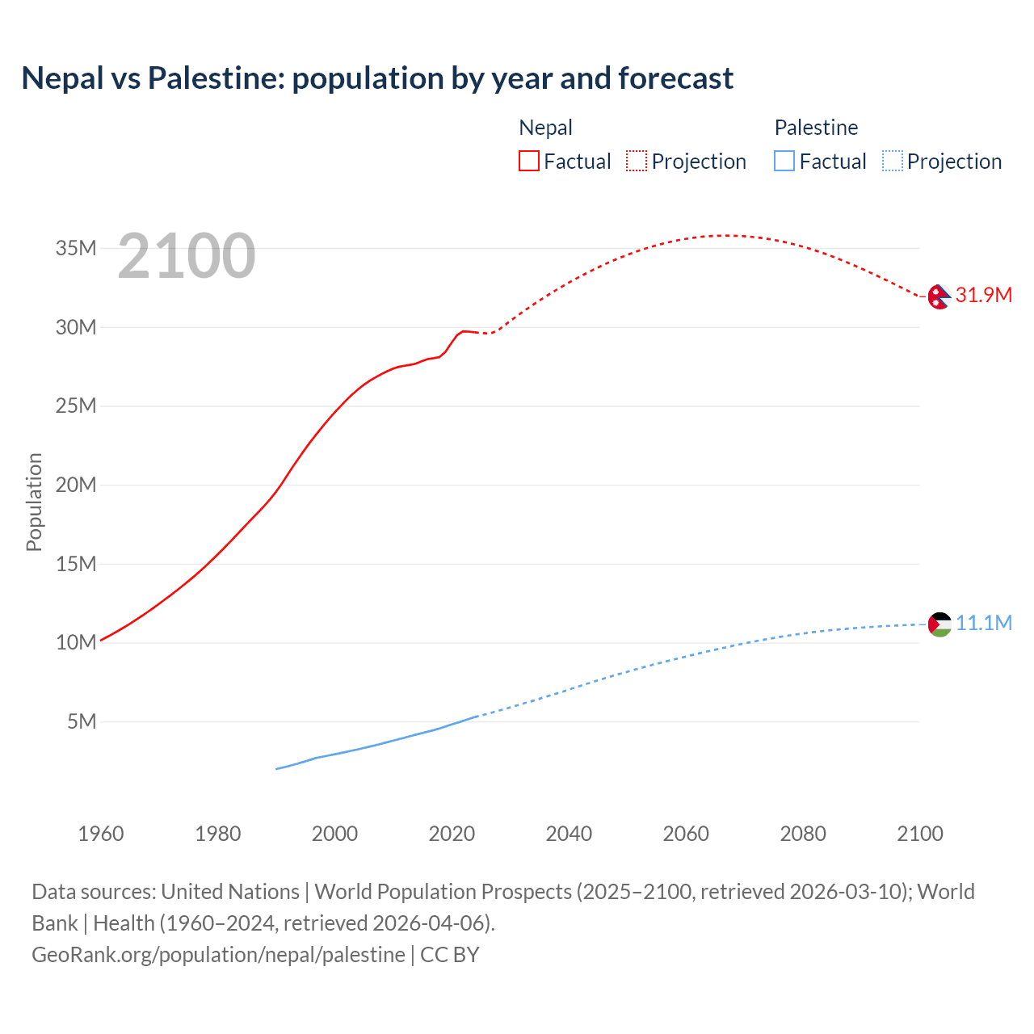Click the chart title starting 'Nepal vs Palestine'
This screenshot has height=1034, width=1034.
pos(377,78)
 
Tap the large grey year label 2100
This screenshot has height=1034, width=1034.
pos(187,256)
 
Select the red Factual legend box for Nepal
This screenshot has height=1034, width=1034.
pos(528,161)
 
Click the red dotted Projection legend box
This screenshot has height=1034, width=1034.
pos(637,161)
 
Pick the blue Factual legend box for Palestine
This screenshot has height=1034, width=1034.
pos(784,161)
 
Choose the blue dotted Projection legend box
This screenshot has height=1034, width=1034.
pos(892,161)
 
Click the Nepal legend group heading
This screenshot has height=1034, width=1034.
pos(545,128)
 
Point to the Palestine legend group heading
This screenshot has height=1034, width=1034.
pos(816,128)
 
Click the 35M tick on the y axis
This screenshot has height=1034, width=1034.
pos(76,248)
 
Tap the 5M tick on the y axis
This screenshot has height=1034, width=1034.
pos(82,721)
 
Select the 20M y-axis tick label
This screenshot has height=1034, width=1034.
pos(76,485)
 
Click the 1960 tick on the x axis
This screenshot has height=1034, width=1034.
pos(101,834)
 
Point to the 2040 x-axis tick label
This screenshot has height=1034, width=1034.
pos(569,834)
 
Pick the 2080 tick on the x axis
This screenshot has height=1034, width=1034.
pos(803,834)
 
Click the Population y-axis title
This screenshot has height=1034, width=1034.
pos(34,502)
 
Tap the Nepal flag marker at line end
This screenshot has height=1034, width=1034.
pos(939,296)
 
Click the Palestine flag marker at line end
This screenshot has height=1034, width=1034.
pos(939,624)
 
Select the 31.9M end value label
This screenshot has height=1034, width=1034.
pos(983,295)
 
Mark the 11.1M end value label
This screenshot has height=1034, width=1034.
pos(984,623)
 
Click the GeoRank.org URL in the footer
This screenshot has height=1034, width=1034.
pos(218,955)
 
